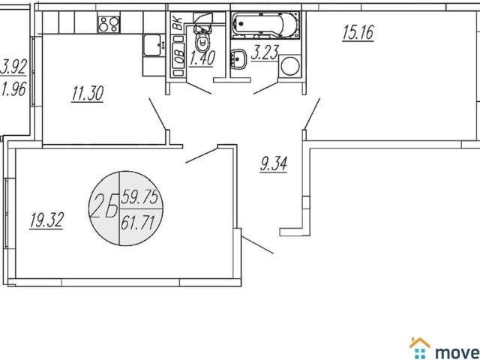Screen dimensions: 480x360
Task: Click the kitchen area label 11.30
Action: (88, 93)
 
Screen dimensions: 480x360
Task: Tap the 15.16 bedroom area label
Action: (358, 33)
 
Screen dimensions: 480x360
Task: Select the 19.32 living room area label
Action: (46, 220)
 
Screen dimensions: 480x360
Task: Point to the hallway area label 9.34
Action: (274, 164)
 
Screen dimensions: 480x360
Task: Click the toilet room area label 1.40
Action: (202, 58)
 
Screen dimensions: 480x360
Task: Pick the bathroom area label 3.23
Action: (265, 52)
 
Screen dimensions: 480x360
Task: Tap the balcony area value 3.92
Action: (13, 67)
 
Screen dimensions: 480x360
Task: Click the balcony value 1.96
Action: (13, 89)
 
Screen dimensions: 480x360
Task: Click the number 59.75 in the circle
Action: (139, 196)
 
